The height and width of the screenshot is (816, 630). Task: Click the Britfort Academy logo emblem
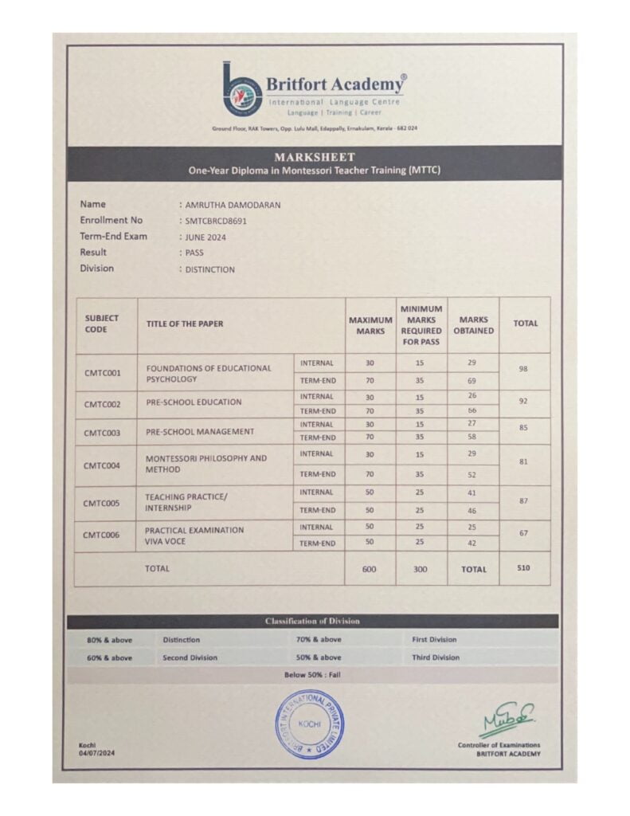242,90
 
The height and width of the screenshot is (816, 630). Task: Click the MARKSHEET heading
314,157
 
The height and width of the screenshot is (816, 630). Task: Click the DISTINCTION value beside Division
210,269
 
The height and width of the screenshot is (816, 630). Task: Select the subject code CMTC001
103,373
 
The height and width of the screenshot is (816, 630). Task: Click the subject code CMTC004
103,465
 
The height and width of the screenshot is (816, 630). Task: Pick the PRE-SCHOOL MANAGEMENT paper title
200,431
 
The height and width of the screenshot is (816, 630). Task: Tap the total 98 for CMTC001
524,370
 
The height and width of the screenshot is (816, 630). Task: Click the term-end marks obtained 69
472,381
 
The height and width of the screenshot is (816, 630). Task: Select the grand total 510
523,568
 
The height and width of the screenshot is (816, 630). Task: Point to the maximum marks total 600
370,569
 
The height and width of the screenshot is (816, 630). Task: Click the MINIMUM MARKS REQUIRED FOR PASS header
421,325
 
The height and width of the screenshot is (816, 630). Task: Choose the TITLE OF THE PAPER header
185,324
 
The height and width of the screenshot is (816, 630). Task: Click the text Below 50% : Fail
312,675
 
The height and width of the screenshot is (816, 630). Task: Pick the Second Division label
190,657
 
